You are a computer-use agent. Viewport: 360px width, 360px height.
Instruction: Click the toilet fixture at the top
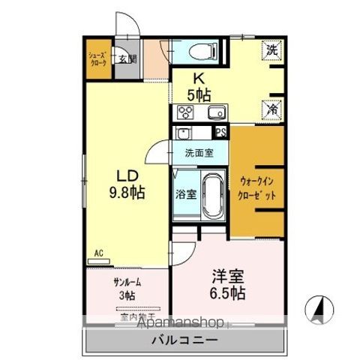[200, 52]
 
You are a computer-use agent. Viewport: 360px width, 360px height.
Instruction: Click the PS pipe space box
[220, 132]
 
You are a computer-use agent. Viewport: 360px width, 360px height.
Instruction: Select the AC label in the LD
[99, 253]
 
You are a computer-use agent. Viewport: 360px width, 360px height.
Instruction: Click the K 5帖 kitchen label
[199, 86]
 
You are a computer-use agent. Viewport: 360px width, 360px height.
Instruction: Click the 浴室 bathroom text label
[185, 194]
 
